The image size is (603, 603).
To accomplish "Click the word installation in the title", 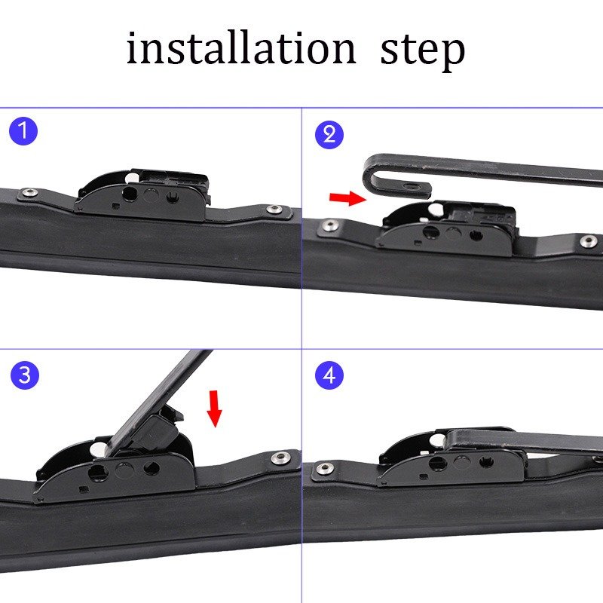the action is pos(241,48).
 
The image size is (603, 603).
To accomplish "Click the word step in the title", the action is pos(423,53).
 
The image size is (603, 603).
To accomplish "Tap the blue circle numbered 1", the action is pos(23,131).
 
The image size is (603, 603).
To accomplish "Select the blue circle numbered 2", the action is pos(329,135).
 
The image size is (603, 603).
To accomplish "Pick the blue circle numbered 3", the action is pos(25,375).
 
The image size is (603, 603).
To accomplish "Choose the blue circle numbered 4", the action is pos(329,375).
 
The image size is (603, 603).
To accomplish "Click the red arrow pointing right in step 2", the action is pos(348,198).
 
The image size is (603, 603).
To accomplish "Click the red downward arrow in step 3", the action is pos(214,409).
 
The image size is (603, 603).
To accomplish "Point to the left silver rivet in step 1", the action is pos(29,193).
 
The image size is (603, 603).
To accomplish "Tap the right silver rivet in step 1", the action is pos(274,210).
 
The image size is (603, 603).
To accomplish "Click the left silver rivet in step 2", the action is pos(330,225).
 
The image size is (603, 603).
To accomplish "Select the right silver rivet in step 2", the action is pos(589,241).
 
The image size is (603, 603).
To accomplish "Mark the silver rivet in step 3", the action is pos(280,458).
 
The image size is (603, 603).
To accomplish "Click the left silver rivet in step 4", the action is pos(324,469).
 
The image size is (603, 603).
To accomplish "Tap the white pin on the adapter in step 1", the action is pos(133,178).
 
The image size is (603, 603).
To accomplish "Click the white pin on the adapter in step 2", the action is pos(436,209).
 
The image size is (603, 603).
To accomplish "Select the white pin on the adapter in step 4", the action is pos(439,439).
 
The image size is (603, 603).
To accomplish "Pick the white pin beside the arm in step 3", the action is pos(99,448).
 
